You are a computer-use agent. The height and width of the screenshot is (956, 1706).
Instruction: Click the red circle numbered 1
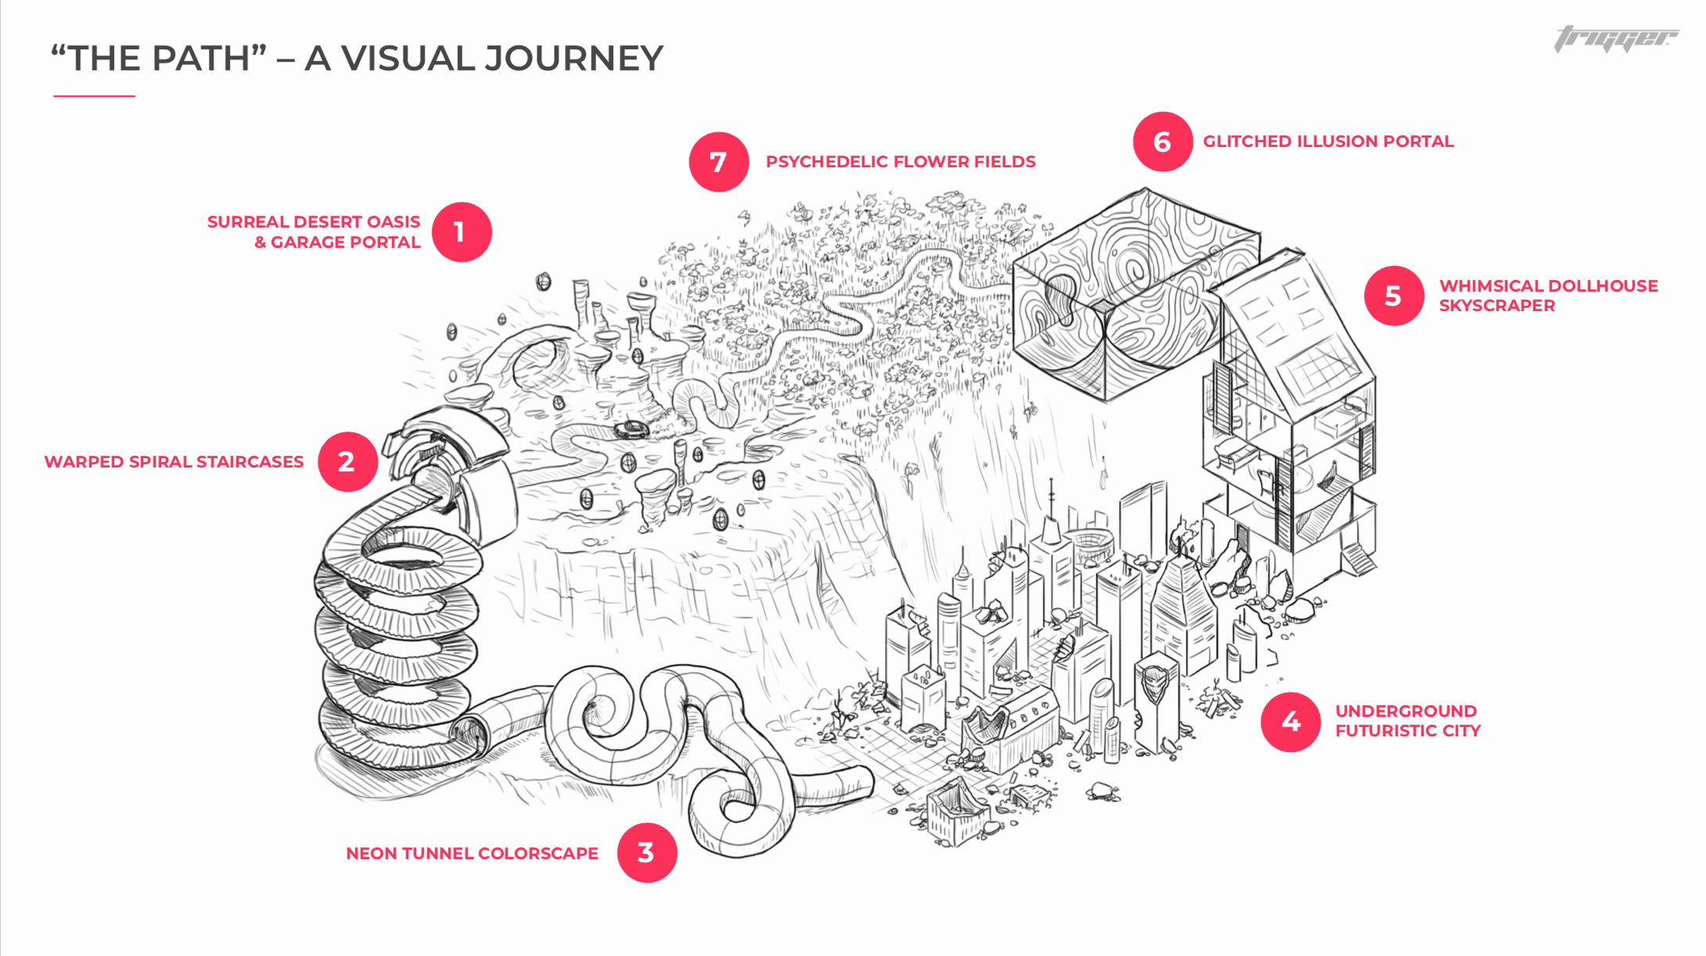462,232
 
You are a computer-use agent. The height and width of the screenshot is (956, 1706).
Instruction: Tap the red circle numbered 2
347,462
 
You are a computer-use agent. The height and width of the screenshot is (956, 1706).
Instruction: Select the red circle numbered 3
646,853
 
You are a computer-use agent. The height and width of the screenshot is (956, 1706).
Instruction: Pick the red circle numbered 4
1291,721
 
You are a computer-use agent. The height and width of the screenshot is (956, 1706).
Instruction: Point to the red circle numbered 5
1394,296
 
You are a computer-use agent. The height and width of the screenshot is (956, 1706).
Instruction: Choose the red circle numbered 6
1162,141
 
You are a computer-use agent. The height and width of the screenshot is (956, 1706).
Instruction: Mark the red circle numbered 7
719,162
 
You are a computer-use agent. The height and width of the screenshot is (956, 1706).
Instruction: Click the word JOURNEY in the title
573,59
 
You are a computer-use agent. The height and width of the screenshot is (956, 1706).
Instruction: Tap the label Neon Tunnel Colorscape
472,854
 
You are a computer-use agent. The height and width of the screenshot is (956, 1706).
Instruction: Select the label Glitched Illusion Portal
1327,141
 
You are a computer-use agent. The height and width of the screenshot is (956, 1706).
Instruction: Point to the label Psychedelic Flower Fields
900,162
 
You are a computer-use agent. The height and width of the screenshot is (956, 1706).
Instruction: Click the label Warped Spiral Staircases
174,462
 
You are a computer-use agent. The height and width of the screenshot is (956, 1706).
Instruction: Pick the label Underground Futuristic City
1407,721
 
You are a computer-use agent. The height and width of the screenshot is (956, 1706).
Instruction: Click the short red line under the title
94,96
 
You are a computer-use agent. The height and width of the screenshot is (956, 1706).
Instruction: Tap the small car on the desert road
630,428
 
